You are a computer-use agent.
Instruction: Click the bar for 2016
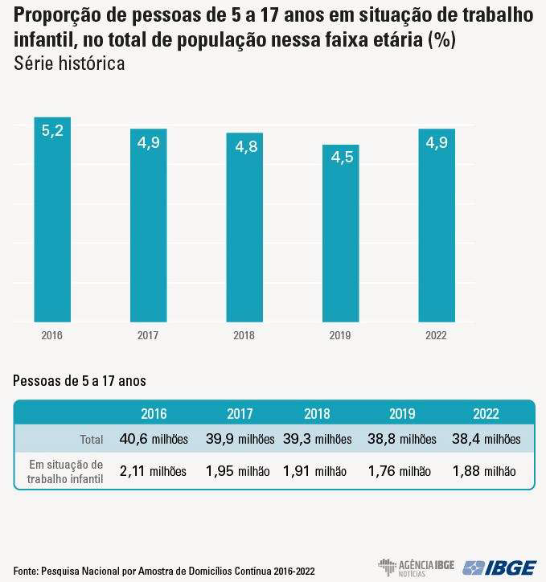[52, 219]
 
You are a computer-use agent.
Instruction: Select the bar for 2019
[340, 233]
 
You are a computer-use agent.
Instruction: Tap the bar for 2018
[244, 227]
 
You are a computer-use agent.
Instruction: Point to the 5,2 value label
[52, 131]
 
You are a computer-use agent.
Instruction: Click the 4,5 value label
[342, 158]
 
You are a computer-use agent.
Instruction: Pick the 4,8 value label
[246, 147]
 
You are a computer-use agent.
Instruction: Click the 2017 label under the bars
[148, 335]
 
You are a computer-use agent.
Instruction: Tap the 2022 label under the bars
[436, 335]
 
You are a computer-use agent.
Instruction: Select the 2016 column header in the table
[154, 414]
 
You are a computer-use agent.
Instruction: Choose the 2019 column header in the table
[402, 414]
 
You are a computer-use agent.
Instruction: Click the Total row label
[92, 440]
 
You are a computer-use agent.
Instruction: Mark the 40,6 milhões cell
[154, 439]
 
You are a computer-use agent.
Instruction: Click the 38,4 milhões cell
[486, 439]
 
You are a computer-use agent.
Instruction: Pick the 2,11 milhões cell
[153, 471]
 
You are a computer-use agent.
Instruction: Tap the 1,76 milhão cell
[400, 471]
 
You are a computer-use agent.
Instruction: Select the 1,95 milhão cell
[237, 471]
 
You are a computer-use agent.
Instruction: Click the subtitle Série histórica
[69, 64]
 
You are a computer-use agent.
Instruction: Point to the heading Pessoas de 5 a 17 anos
[80, 381]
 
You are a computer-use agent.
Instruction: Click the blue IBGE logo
[499, 568]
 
